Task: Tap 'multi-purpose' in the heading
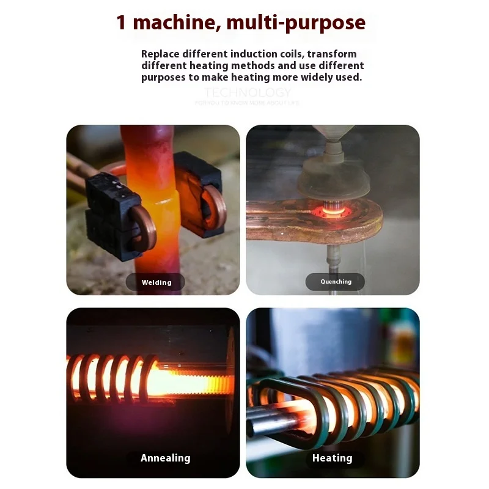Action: [x=296, y=23]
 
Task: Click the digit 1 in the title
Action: [x=122, y=23]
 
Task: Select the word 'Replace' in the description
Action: [x=161, y=54]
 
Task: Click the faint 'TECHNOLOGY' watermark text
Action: [x=248, y=93]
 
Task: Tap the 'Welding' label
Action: [x=156, y=282]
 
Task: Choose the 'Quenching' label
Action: [x=336, y=282]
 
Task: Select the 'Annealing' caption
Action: [x=165, y=458]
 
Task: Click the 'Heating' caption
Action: [x=332, y=458]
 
